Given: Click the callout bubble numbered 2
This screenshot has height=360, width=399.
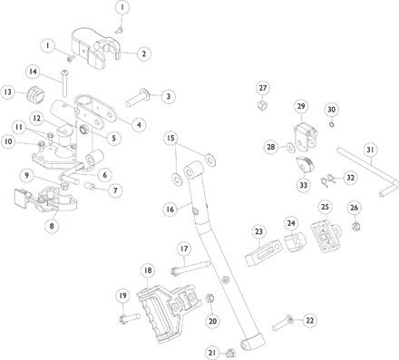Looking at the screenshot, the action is tap(143, 54).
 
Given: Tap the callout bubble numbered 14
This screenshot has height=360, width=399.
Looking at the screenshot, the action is tap(33, 72).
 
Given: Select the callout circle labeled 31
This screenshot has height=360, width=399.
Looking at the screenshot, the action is tap(371, 150).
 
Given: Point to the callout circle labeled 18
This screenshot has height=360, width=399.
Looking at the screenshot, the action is tap(148, 270).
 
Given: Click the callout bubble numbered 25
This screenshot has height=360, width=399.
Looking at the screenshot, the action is tap(325, 207).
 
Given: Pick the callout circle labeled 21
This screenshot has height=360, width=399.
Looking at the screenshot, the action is tap(212, 353).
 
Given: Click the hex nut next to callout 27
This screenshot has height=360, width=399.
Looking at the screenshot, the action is tap(260, 106).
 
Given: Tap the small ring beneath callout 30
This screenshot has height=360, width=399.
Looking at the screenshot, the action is tap(332, 124).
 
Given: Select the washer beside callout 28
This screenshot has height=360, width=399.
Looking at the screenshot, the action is tap(290, 148).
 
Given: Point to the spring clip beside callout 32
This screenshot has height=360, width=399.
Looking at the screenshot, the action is tap(326, 180).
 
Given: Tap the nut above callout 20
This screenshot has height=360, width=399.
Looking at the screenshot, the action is tap(209, 298).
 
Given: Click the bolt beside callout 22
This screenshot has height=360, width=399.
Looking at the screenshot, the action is tap(283, 323).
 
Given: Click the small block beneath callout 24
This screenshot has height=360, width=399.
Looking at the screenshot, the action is tap(295, 242).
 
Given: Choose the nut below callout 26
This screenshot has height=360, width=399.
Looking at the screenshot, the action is tap(355, 226).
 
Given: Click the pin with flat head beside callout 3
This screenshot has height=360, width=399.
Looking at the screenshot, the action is tap(138, 97).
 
